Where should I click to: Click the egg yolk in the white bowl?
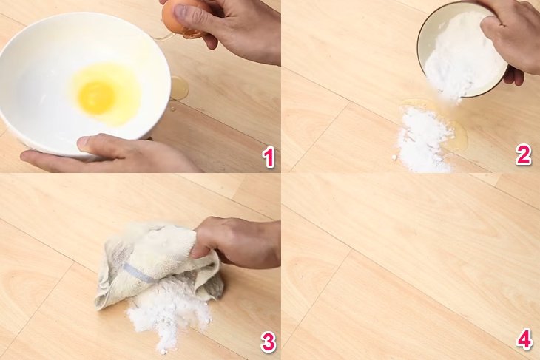97,97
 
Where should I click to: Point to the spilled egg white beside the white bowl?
178,88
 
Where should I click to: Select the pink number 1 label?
269,157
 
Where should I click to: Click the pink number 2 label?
524,154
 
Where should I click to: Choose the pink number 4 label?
524,340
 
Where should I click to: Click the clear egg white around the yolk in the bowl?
122,81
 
